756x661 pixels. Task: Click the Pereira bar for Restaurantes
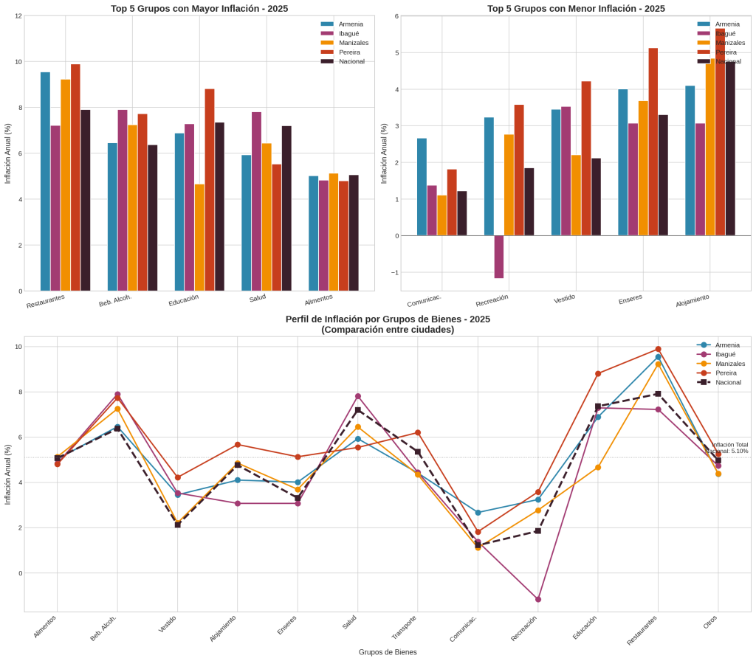tap(75, 177)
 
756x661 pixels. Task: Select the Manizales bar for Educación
tap(199, 237)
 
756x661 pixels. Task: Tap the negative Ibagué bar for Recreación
tap(499, 257)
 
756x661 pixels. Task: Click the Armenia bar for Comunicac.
tap(422, 187)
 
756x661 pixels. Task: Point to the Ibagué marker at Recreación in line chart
tap(538, 599)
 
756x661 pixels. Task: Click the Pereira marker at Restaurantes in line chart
tap(658, 349)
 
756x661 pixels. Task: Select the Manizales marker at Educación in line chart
tap(598, 467)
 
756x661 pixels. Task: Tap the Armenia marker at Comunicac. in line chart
tap(478, 512)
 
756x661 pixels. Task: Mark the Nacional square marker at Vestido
tap(178, 525)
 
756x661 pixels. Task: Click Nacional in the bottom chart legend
tap(727, 382)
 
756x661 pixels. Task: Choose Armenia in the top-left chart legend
tap(351, 24)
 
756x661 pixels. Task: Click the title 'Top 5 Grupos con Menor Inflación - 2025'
tap(576, 9)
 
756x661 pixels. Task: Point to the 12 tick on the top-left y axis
tap(18, 15)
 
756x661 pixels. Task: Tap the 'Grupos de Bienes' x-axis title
tap(388, 652)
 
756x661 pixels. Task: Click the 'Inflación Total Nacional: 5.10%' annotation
tap(729, 448)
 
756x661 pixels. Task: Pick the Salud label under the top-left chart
tap(258, 298)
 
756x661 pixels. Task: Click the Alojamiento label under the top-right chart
tap(692, 301)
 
